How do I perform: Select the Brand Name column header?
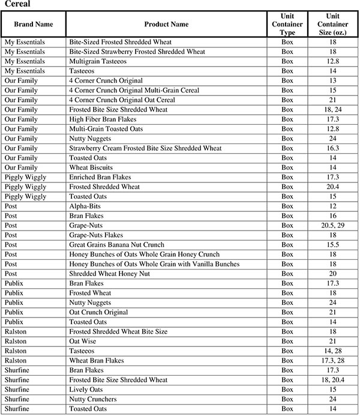pos(33,24)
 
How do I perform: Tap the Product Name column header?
pos(166,24)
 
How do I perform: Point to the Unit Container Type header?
pos(287,24)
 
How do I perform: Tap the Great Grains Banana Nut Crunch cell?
pos(120,245)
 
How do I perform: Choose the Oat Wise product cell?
pos(83,341)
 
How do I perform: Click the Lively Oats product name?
pos(86,389)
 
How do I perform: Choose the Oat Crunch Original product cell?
pos(99,312)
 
